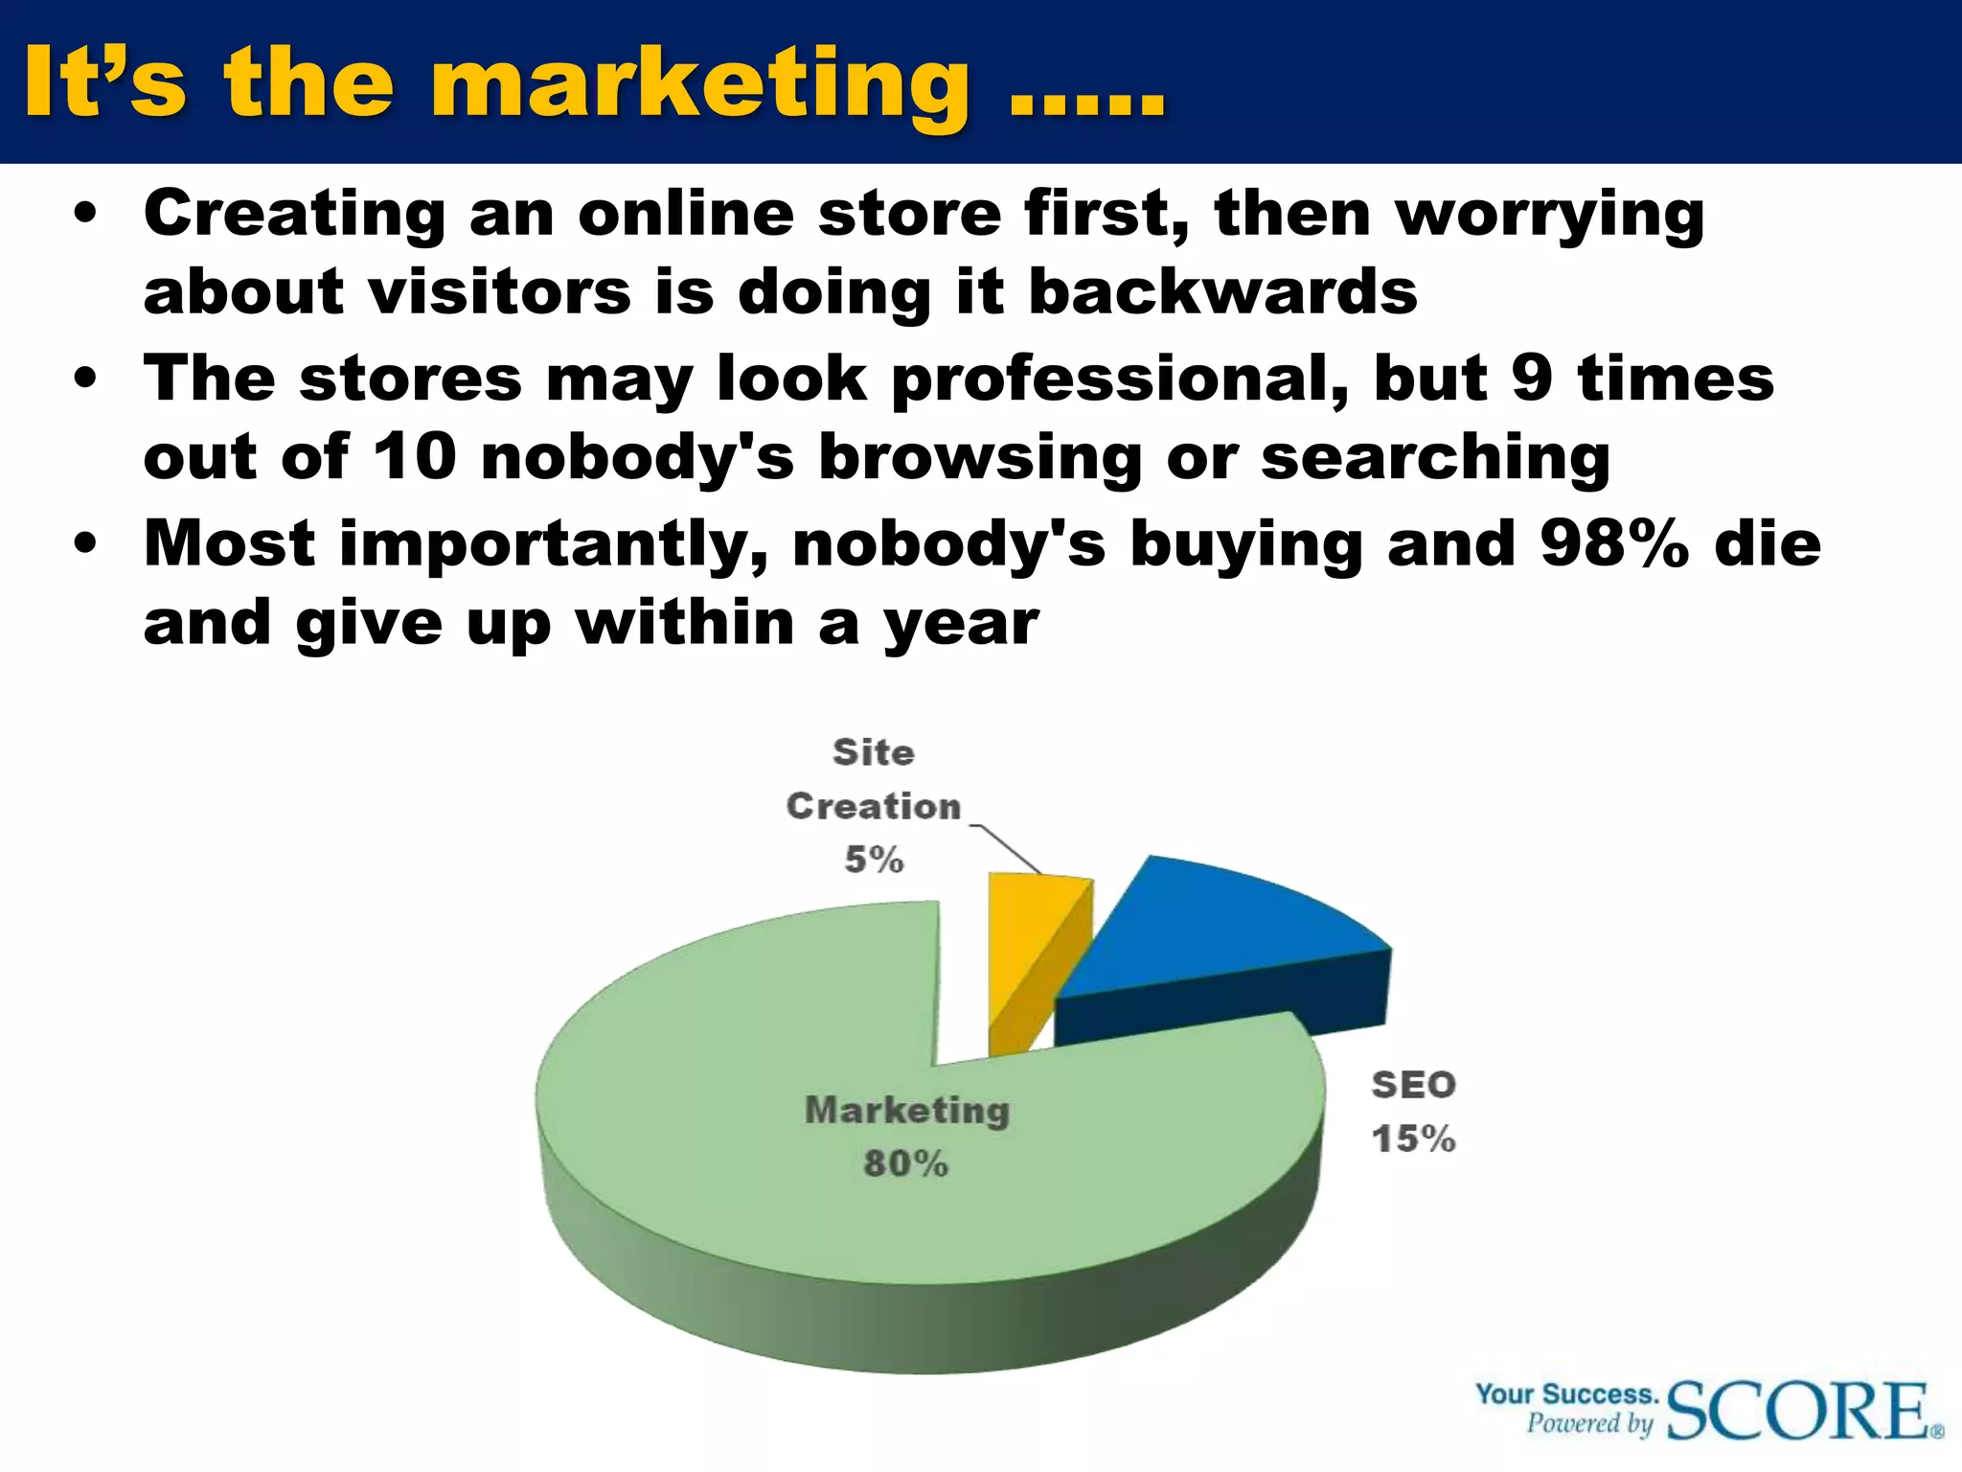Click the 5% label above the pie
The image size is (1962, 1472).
[x=874, y=860]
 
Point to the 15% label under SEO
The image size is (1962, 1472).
[x=1413, y=1139]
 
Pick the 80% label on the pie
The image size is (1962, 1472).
[x=905, y=1163]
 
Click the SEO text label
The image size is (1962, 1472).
[x=1413, y=1086]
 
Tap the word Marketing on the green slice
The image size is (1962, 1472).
[x=907, y=1110]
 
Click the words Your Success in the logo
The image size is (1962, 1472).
[x=1566, y=1394]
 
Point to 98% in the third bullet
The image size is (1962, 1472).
[x=1614, y=543]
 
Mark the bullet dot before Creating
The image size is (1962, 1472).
[x=86, y=215]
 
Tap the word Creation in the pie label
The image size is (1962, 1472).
[x=873, y=807]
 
